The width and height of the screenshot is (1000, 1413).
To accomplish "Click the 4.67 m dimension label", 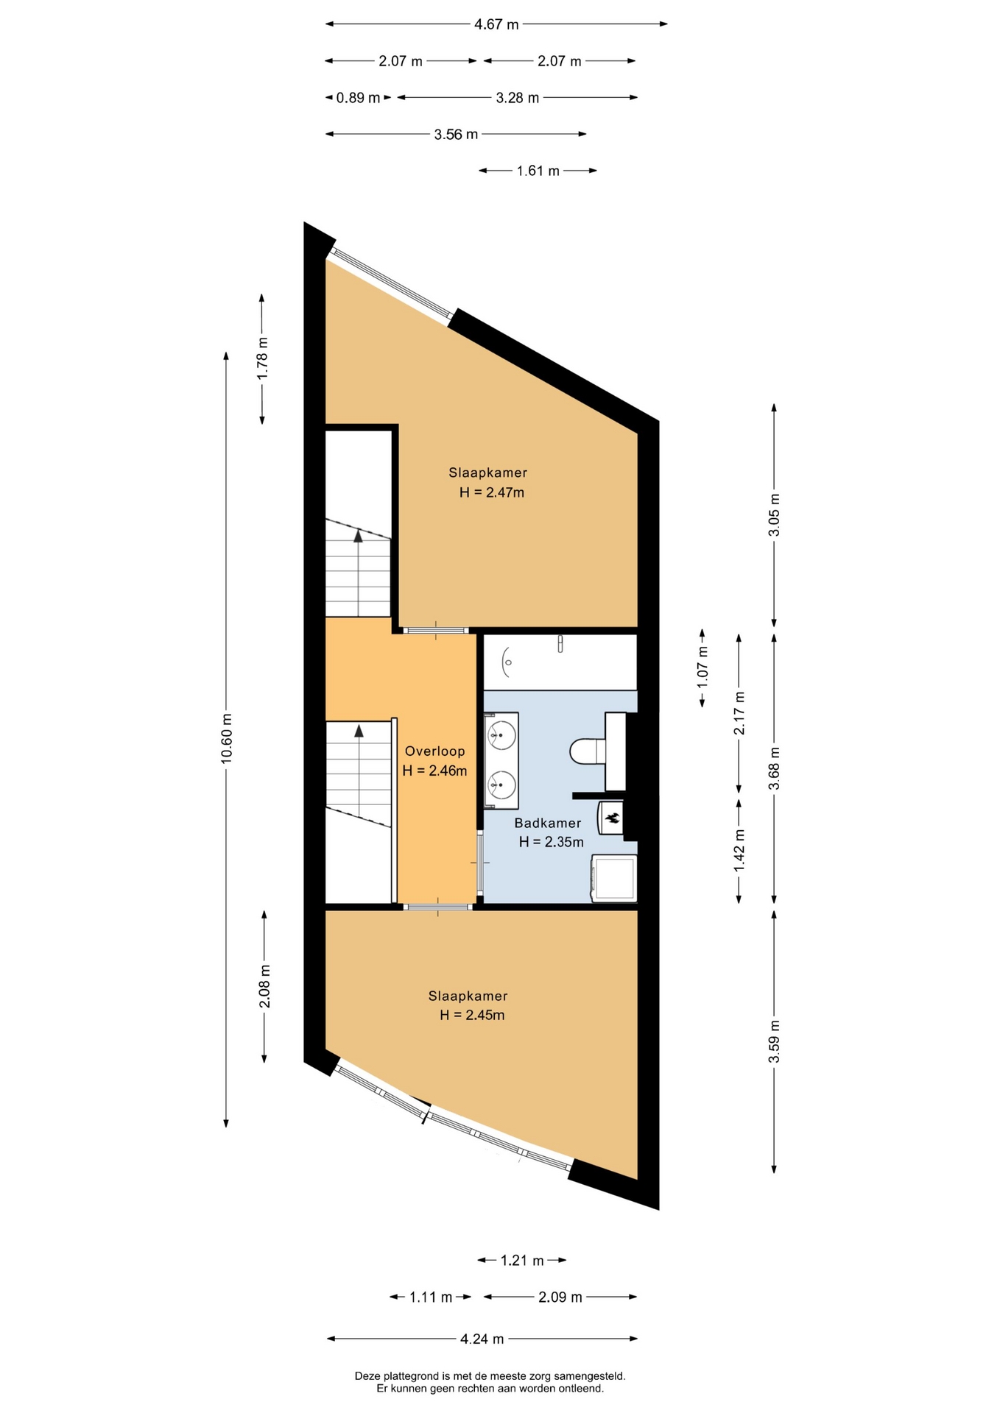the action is coord(496,24).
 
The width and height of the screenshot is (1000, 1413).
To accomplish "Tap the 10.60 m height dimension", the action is coord(227,738).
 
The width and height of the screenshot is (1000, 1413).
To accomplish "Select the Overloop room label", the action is coord(435,751).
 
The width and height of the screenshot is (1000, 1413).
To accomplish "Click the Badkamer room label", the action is coord(548,823).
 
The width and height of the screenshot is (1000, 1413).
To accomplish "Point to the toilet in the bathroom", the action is coord(588,751).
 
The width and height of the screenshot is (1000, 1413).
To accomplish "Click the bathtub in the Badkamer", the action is coord(560,662).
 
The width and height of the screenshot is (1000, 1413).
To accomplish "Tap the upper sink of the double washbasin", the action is coord(503,734).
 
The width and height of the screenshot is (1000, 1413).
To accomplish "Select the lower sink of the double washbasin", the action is coord(503,785).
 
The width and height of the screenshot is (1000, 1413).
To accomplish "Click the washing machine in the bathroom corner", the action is coord(615,878).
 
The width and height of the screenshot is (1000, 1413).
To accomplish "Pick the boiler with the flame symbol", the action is coord(611,818).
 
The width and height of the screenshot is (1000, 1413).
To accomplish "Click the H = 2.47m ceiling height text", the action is coord(492,492).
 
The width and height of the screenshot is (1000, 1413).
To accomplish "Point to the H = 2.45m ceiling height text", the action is coord(472,1015).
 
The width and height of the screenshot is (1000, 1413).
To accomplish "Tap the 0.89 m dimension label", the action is coord(359,98).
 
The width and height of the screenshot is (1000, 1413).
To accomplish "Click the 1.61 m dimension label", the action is coord(538,171).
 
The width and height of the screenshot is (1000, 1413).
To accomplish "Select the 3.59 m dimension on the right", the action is coord(774,1041).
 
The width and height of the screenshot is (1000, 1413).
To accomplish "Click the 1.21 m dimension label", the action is coord(522,1261).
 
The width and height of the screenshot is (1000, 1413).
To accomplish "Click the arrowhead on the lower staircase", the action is coord(359,730).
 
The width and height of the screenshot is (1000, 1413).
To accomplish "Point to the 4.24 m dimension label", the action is coord(482,1339).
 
